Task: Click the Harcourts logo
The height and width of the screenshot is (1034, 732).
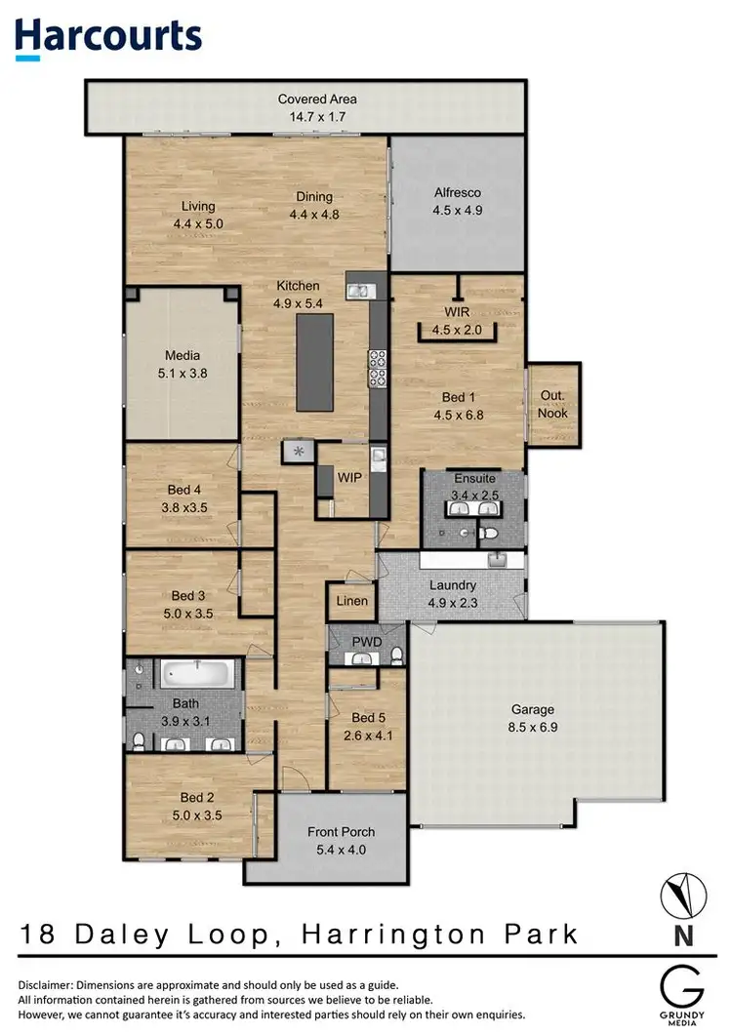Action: pos(108,36)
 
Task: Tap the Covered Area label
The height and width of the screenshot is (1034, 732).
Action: pos(317,99)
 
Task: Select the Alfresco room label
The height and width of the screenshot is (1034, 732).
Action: pos(458,193)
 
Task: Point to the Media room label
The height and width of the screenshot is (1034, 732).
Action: pos(182,355)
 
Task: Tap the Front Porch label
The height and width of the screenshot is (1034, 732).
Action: pos(341,832)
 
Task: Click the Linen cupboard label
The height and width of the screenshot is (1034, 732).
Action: pos(352,601)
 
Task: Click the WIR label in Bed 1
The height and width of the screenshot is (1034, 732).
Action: pos(458,312)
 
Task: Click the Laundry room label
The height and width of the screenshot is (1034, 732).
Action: pos(453,585)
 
